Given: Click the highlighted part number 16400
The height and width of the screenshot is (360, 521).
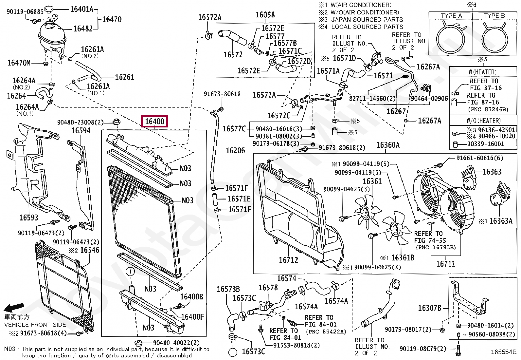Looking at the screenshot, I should tap(154, 122).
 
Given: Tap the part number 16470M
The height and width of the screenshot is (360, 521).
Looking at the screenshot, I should tap(19, 63).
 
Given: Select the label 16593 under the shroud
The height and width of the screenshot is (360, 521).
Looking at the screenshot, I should tap(28, 218).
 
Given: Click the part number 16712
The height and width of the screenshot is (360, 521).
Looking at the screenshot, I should tap(288, 260).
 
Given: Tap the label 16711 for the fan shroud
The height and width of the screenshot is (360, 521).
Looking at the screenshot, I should tap(446, 264).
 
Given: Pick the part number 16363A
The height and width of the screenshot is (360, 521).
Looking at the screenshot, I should tap(501, 221).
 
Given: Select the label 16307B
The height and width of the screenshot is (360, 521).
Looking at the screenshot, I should tap(430, 308).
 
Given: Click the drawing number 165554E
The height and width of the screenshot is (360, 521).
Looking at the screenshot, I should tap(503, 352).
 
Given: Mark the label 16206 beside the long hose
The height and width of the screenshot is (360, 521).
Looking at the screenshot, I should tap(235, 151).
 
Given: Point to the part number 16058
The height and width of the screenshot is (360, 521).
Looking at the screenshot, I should tap(265, 15).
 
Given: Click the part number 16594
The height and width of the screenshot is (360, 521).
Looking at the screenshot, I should tap(81, 131).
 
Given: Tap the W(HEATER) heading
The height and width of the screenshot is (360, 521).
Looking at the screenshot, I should tap(482, 72).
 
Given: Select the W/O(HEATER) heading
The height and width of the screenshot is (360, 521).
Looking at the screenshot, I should tap(483, 121).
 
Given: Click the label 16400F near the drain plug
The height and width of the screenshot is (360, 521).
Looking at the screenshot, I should tap(192, 317).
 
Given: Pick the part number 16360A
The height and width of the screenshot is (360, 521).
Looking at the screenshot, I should tap(388, 145).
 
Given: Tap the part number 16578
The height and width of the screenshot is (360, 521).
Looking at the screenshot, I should tap(268, 288).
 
